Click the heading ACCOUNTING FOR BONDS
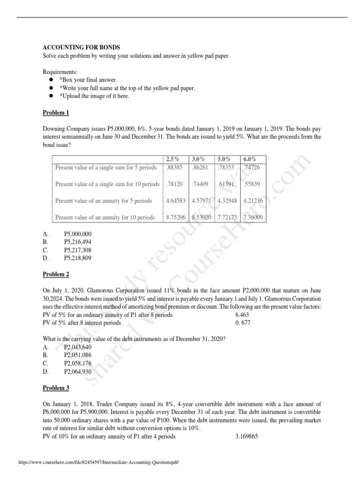[82, 47]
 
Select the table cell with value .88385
[174, 167]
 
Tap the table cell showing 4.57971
[202, 201]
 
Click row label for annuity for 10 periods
[105, 217]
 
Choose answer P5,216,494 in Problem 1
[77, 242]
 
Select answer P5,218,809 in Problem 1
[77, 258]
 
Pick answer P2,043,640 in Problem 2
[77, 347]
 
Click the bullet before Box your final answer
[50, 80]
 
